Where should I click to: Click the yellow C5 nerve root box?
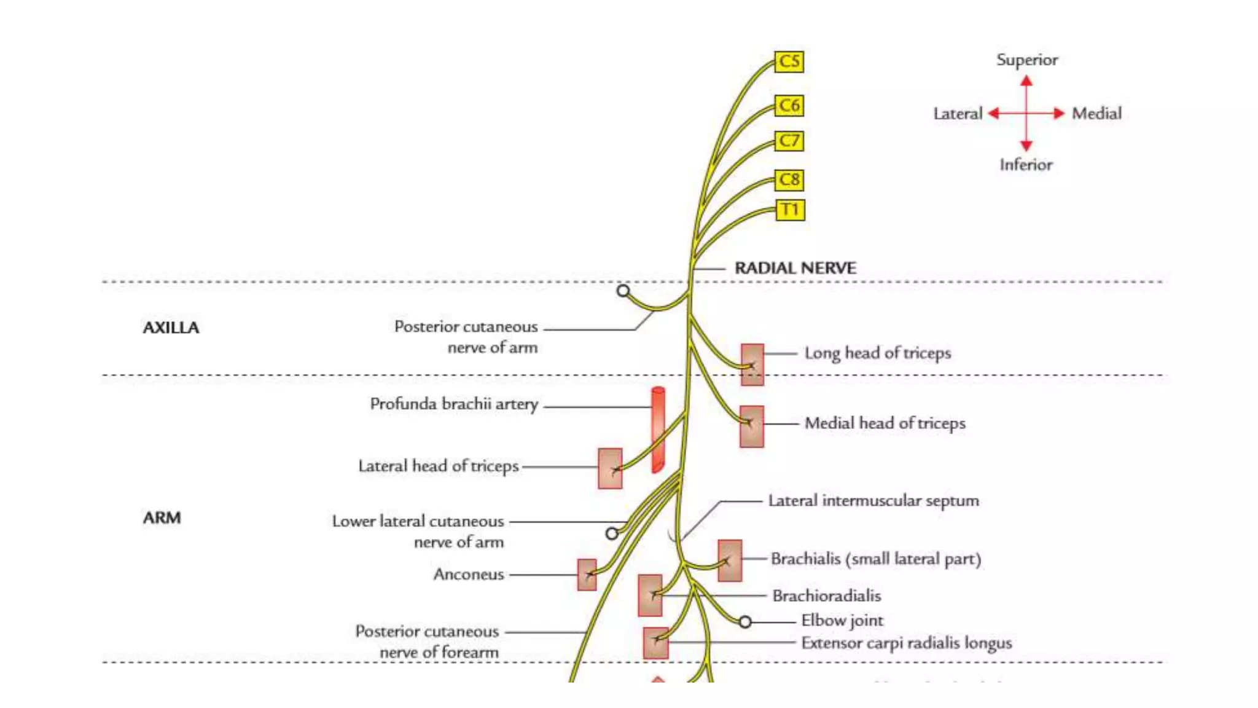[789, 61]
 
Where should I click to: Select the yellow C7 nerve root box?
[789, 141]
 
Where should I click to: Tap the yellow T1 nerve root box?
[789, 210]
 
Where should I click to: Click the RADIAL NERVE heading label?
[795, 268]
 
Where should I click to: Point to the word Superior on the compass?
[1026, 60]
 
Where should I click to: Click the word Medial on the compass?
[1096, 113]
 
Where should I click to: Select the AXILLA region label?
[171, 328]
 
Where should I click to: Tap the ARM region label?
[162, 517]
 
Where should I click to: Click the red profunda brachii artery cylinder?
[658, 430]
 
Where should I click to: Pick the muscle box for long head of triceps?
[752, 364]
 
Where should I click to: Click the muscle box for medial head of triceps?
[751, 426]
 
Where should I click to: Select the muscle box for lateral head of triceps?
[610, 468]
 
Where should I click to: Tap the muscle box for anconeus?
[587, 575]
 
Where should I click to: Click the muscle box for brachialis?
[730, 560]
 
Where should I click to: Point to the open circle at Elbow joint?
[744, 622]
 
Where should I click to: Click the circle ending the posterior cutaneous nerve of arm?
[623, 291]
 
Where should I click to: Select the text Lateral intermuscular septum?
[873, 501]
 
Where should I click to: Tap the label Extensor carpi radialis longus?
[906, 643]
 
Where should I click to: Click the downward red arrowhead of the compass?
[1026, 146]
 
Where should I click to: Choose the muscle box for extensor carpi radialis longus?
[655, 642]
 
